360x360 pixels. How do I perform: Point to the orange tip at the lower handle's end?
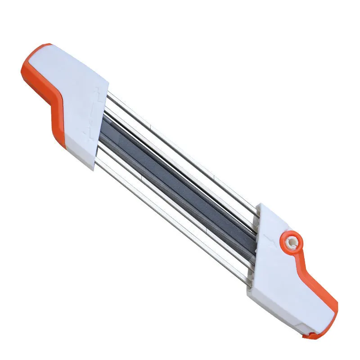click(x=315, y=335)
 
